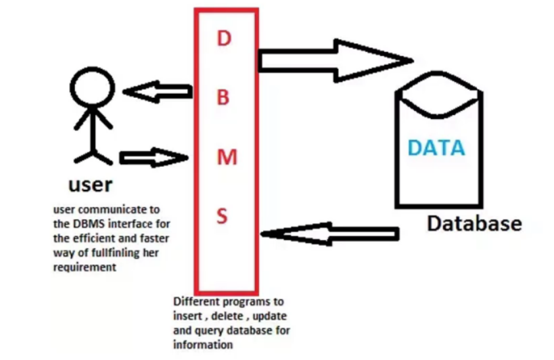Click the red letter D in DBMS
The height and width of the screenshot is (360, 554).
[x=224, y=39]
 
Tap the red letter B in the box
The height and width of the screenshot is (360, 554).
[x=223, y=98]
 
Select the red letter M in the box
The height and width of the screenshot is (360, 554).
[x=223, y=158]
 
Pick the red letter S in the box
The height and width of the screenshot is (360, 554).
[x=223, y=216]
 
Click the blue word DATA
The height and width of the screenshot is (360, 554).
[x=436, y=148]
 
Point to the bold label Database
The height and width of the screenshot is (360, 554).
[x=474, y=223]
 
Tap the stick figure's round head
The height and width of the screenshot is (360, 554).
[x=93, y=88]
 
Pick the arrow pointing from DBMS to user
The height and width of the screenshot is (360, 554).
[x=158, y=91]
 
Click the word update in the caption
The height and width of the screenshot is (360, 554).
[x=269, y=316]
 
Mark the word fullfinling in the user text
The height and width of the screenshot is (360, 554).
[x=118, y=253]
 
